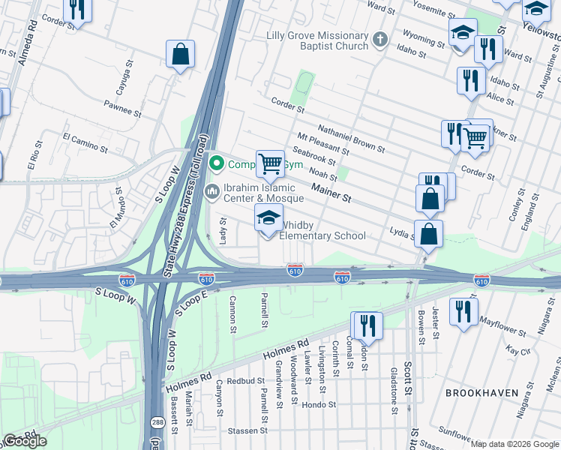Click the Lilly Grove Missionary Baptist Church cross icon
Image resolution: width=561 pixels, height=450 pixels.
[x=381, y=40]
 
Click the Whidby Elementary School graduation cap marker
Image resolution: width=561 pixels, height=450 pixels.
[x=269, y=219]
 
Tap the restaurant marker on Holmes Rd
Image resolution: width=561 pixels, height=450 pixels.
[x=367, y=325]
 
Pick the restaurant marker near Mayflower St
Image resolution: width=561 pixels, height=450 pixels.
[x=463, y=311]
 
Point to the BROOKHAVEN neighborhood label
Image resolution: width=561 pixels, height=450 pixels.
[x=482, y=392]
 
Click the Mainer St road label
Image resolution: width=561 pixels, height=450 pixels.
[x=331, y=194]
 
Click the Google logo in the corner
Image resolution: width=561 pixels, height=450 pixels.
[x=25, y=440]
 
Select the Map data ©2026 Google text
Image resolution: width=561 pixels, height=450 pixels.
[x=514, y=444]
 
